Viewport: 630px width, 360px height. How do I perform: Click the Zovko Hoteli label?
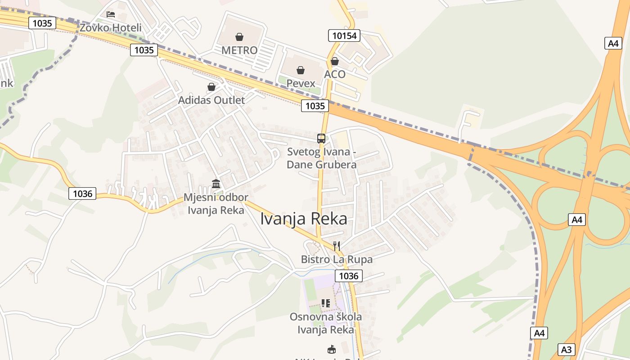(x=110, y=28)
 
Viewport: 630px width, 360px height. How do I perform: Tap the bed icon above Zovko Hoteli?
(x=110, y=14)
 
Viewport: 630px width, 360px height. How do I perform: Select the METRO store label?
(x=239, y=50)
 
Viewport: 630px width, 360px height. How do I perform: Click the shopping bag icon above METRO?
(x=239, y=37)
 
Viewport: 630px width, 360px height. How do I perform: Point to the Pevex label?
(x=301, y=84)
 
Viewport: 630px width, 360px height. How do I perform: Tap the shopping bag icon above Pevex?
(x=301, y=70)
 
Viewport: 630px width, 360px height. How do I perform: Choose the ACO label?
(x=335, y=74)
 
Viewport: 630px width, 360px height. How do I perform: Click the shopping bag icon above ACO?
(x=335, y=61)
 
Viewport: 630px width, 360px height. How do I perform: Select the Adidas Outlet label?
(x=211, y=100)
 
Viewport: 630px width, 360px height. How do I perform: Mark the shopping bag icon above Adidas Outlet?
(x=211, y=87)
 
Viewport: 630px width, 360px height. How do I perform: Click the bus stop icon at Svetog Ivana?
(x=321, y=139)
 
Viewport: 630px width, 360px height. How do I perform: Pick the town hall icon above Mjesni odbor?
(x=216, y=184)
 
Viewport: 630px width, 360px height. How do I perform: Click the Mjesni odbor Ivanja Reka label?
(x=216, y=204)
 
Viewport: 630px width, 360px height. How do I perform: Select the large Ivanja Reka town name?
(x=304, y=219)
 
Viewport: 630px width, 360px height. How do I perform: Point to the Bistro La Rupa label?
(x=337, y=260)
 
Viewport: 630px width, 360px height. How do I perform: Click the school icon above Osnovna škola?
(x=326, y=303)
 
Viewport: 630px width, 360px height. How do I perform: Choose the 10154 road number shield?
(x=344, y=36)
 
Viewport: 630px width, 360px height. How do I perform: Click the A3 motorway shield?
(x=566, y=349)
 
